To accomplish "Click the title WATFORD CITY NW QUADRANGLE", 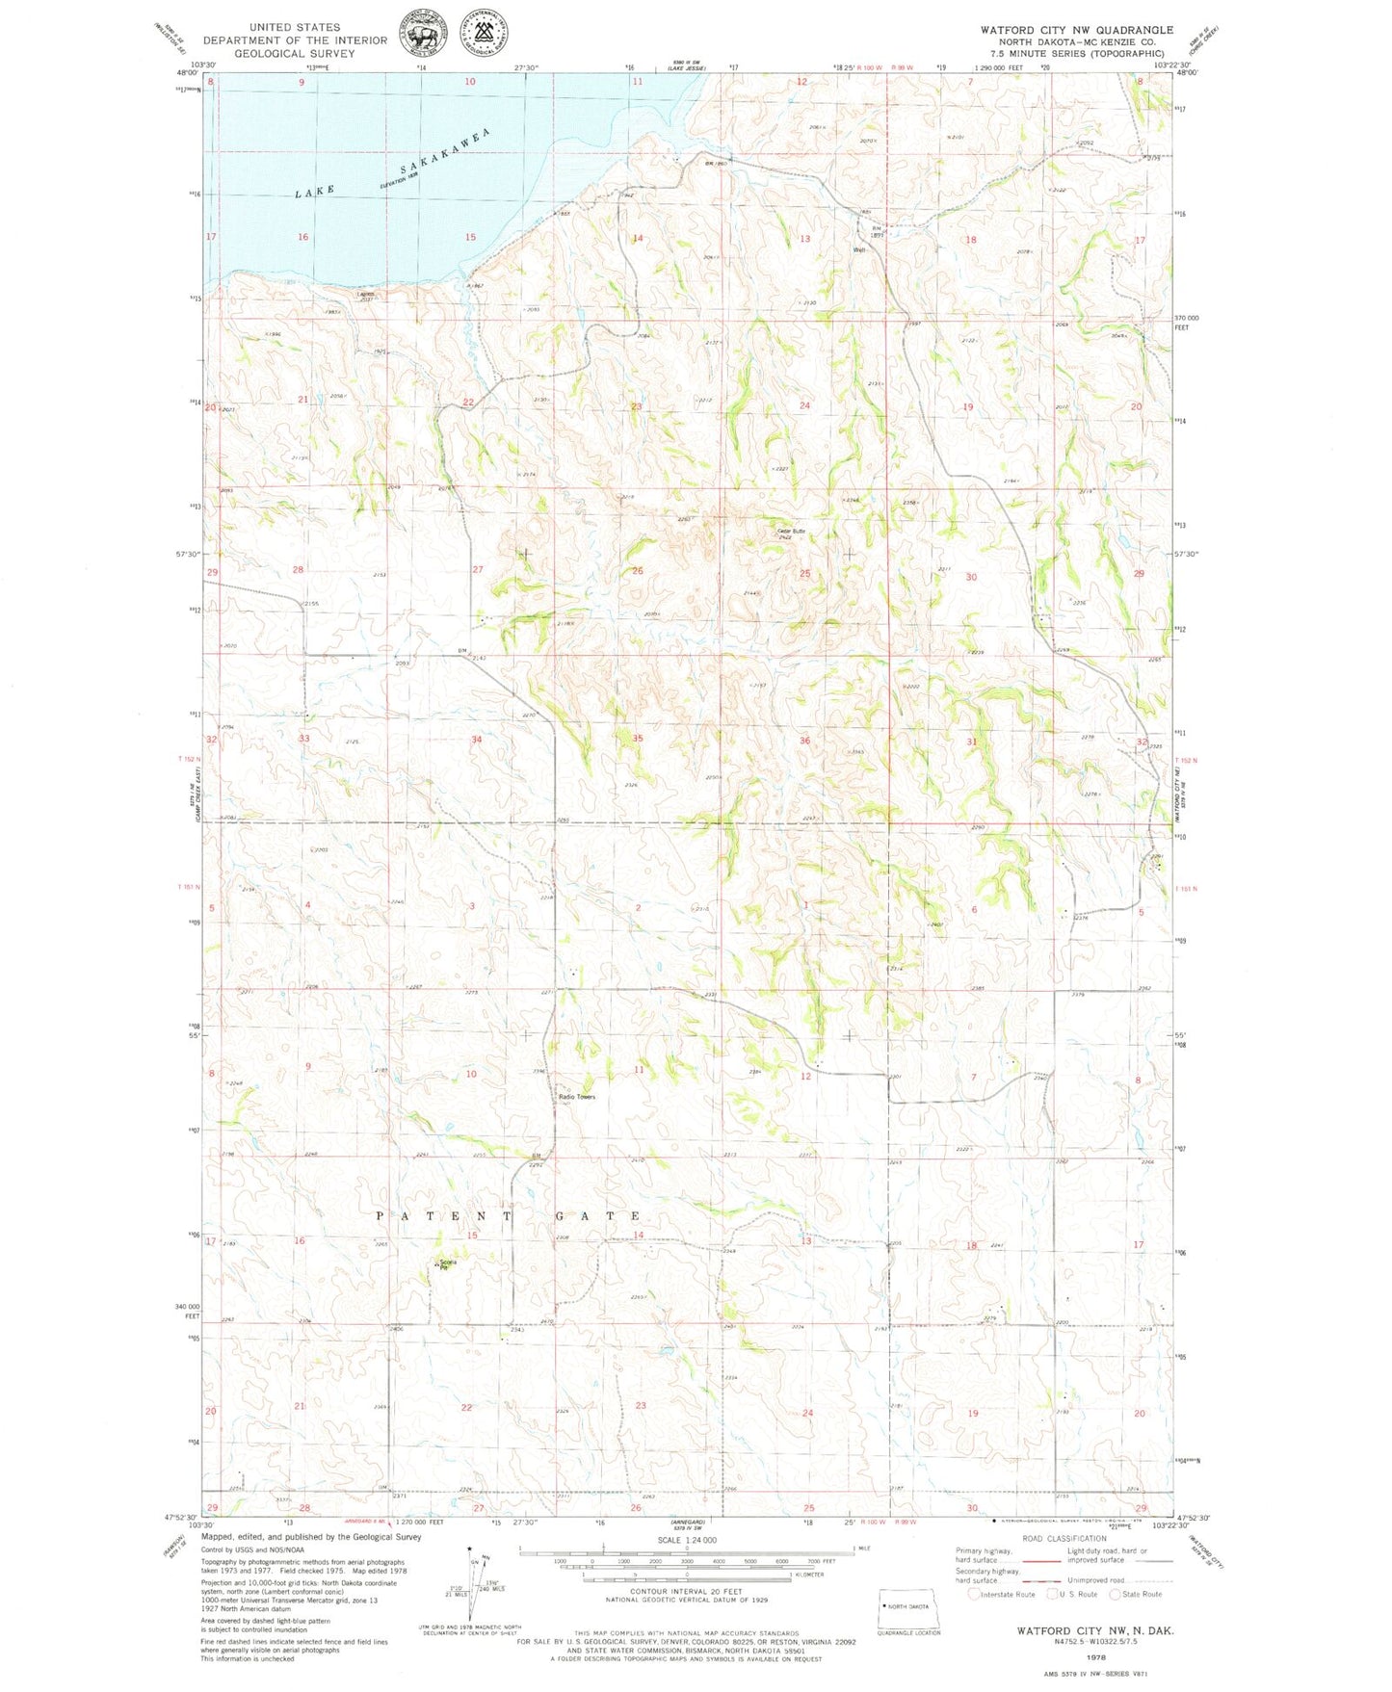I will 1076,30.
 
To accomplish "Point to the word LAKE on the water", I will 316,192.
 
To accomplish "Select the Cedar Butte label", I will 791,532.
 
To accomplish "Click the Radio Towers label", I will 577,1097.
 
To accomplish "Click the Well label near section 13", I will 859,250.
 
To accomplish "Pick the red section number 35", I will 637,739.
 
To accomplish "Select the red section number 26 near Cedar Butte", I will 637,571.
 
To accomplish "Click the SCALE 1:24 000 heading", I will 686,1541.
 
